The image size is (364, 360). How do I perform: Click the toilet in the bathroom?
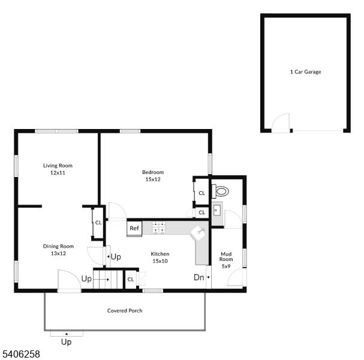pos(220,191)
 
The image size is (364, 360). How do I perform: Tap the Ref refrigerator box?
pos(134,229)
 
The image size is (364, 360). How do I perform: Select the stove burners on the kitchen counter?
pos(159,227)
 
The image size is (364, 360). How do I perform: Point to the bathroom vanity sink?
pos(217,211)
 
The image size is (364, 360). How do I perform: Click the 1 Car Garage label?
pos(305,72)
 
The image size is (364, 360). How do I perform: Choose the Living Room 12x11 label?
pos(58,169)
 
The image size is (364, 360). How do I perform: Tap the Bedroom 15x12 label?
pos(153,176)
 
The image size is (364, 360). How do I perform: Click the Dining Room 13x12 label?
pos(58,250)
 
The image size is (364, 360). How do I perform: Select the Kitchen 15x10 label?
pos(160,257)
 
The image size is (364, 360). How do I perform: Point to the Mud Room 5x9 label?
pos(226,260)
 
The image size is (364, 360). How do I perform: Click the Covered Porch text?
pos(125,311)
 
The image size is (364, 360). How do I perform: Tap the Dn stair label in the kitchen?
pos(199,277)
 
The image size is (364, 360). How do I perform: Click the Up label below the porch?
pos(66,342)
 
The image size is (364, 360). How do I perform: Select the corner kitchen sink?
pos(198,232)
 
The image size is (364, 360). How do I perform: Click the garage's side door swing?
pos(281,123)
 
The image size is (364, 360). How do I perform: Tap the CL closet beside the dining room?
pos(98,223)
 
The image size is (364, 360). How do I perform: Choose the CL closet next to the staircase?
pos(131,280)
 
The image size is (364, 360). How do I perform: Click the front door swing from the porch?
pos(70,281)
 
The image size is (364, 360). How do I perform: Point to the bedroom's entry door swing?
pos(118,211)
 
